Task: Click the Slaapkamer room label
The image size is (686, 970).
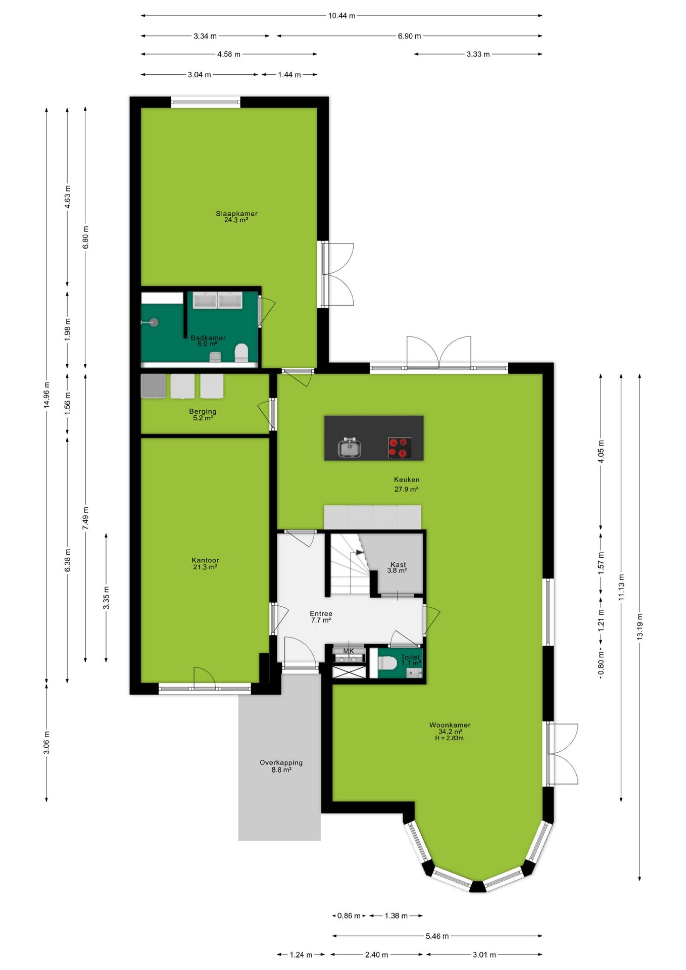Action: pos(236,214)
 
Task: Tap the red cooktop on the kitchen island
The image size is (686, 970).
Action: pos(399,448)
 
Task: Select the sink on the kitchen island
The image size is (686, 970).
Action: pos(349,448)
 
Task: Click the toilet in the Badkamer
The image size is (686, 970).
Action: pos(241,353)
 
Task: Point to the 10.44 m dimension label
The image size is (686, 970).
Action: pos(341,16)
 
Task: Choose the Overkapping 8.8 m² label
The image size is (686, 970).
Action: pos(281,766)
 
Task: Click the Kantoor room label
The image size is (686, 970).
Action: pos(205,560)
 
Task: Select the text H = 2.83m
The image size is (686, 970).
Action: pos(449,738)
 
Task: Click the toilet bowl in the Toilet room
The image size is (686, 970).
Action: pos(387,663)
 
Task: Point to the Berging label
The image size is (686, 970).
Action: pos(203,411)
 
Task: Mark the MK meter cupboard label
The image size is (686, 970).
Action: pos(349,651)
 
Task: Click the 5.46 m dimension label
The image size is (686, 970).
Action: pos(437,936)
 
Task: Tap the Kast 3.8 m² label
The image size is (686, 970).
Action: pos(398,567)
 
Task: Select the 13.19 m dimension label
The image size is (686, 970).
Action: pos(640,627)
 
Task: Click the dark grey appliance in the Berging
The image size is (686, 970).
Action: pos(153,386)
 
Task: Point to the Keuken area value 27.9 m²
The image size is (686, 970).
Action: pos(406,489)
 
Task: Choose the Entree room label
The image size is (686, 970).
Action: pos(321,613)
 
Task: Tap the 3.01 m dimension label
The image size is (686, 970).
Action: pos(484,954)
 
